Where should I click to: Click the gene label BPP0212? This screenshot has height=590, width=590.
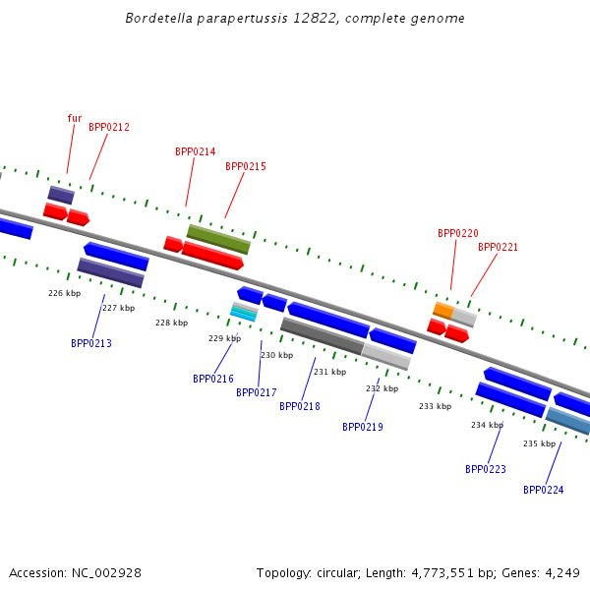[x=109, y=127]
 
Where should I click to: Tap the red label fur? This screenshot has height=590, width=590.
[x=75, y=118]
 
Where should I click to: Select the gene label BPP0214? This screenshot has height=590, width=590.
[x=195, y=151]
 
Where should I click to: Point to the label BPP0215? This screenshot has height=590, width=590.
[x=245, y=166]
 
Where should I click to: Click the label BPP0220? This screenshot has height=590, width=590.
[x=457, y=233]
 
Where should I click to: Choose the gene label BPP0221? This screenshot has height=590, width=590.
[x=498, y=247]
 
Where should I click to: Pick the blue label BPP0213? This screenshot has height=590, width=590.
[x=91, y=343]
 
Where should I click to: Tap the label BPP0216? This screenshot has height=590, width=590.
[x=213, y=379]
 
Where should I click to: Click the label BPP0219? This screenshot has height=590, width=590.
[x=363, y=427]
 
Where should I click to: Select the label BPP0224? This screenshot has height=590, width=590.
[x=543, y=490]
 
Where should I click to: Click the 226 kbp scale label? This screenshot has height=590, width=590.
[x=65, y=293]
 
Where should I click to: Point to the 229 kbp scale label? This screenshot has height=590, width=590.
[x=224, y=338]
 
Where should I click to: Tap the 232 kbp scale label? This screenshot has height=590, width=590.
[x=382, y=388]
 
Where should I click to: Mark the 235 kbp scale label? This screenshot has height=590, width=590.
[x=539, y=443]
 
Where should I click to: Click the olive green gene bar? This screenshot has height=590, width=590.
[x=218, y=239]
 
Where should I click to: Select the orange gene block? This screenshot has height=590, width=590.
[x=443, y=310]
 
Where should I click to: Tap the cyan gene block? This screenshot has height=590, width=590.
[x=244, y=312]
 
